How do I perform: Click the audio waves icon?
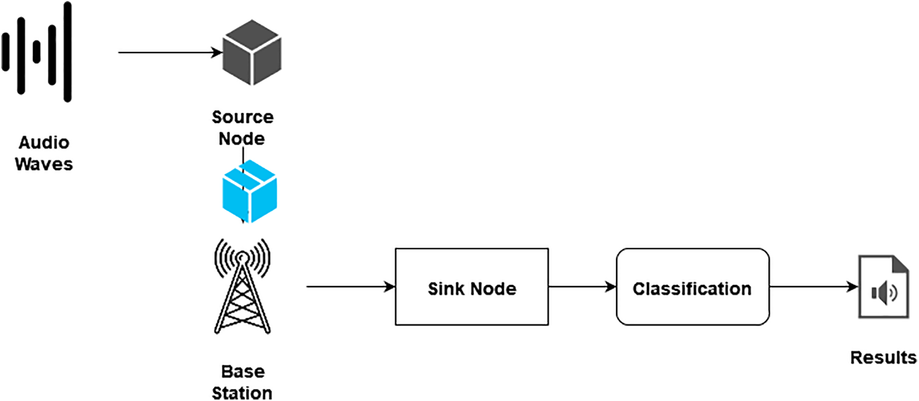point(37,52)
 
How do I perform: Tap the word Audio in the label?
point(44,143)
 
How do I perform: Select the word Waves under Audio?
point(44,164)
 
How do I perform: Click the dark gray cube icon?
point(252,52)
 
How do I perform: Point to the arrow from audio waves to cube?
point(168,52)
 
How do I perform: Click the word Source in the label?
point(243,117)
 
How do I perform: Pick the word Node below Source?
point(242,139)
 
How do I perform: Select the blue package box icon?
point(249,192)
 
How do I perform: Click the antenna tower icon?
point(242,287)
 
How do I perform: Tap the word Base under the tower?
point(243,371)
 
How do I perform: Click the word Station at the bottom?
point(242,393)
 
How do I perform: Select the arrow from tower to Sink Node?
point(350,287)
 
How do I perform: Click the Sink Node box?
point(472,287)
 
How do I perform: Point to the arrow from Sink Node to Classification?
point(582,287)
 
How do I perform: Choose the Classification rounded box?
point(692,287)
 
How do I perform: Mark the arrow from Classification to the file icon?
point(813,287)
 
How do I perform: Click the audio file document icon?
point(883,287)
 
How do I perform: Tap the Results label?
point(883,358)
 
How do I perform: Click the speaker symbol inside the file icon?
point(884,293)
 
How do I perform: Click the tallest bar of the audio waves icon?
point(67,52)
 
